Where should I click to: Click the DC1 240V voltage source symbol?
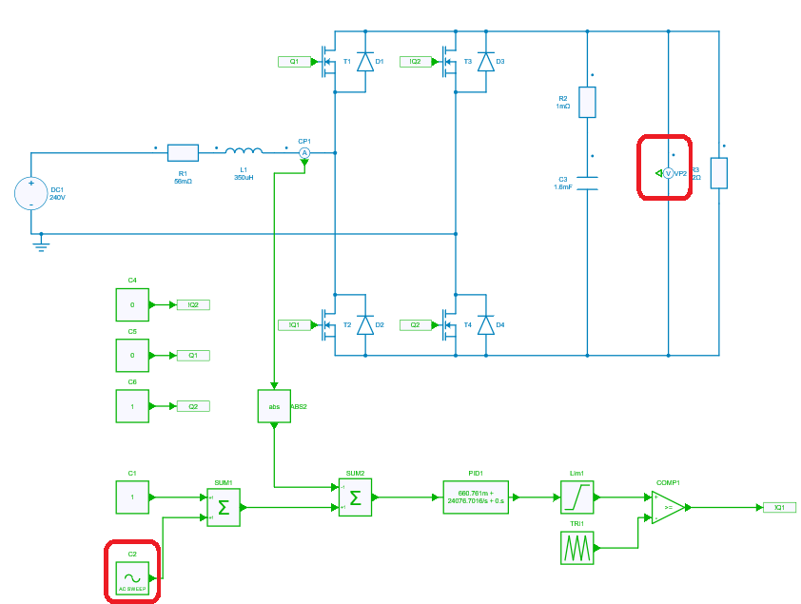point(30,193)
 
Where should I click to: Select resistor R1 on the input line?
point(183,152)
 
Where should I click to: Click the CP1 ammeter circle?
point(304,152)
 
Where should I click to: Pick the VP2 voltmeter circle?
point(668,173)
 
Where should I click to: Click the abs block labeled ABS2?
point(274,406)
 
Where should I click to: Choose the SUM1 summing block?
point(224,507)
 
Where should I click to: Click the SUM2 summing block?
point(355,497)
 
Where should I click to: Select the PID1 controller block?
point(476,497)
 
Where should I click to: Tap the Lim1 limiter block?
point(576,497)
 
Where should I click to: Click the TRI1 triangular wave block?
point(576,547)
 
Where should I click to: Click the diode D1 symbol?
point(364,62)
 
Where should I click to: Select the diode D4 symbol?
point(486,325)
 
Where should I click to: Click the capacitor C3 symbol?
point(587,182)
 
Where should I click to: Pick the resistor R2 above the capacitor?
point(587,102)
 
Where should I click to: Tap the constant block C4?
point(132,305)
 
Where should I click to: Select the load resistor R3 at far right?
point(718,173)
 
